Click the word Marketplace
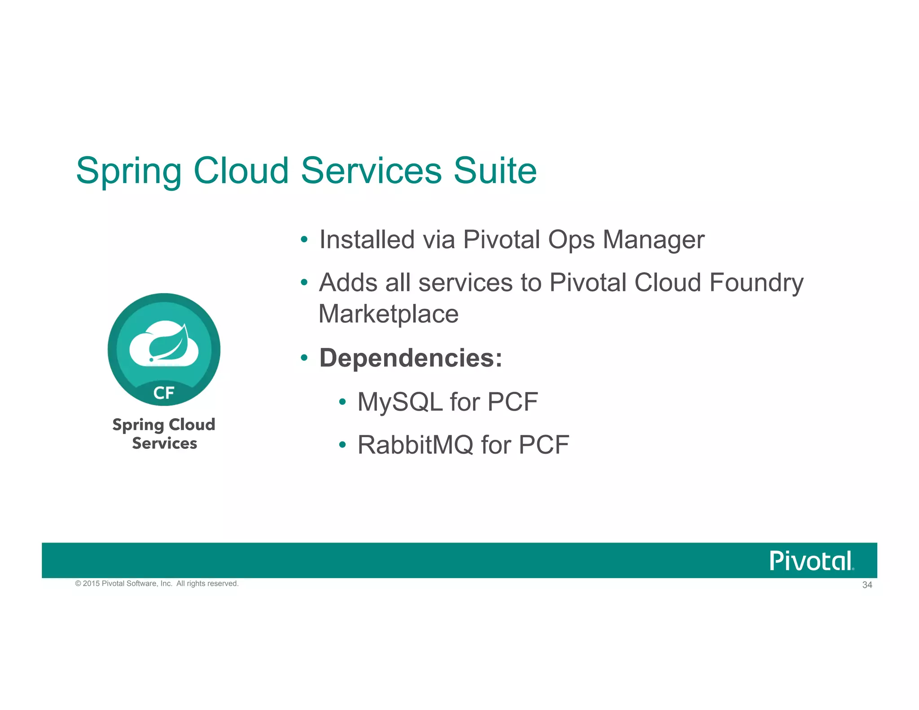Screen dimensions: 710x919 (388, 314)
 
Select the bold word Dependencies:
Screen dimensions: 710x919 (411, 358)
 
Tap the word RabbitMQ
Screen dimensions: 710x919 (415, 445)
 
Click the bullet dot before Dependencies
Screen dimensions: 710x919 (304, 358)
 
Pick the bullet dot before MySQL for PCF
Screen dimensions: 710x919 (342, 402)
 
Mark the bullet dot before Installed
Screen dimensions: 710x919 (304, 240)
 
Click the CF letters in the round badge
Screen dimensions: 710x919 (164, 393)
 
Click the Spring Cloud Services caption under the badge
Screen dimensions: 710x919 (164, 434)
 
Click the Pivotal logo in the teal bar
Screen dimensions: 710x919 (811, 561)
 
